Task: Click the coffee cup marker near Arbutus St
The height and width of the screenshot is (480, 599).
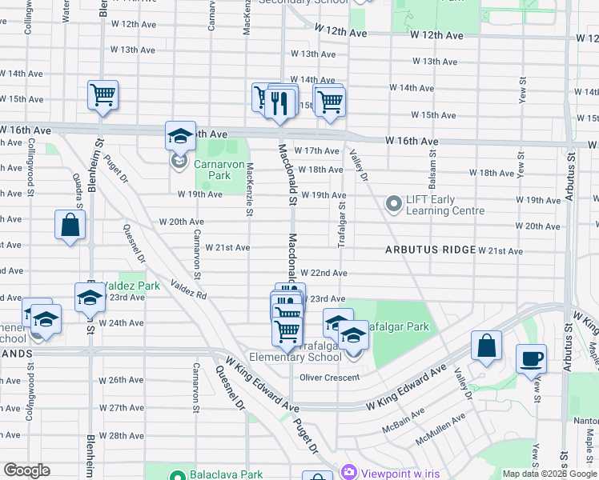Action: (531, 359)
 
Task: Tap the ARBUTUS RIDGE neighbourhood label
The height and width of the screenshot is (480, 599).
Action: (430, 250)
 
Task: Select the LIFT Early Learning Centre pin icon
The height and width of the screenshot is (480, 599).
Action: (393, 205)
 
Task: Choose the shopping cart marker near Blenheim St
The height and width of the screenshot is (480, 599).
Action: (103, 95)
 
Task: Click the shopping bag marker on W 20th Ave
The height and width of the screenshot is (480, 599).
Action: (70, 225)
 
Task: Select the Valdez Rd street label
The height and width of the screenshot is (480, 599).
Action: (190, 290)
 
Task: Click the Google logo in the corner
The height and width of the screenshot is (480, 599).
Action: (26, 470)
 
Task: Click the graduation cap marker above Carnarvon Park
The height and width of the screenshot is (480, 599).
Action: (180, 136)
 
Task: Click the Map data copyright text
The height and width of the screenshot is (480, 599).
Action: (550, 474)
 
